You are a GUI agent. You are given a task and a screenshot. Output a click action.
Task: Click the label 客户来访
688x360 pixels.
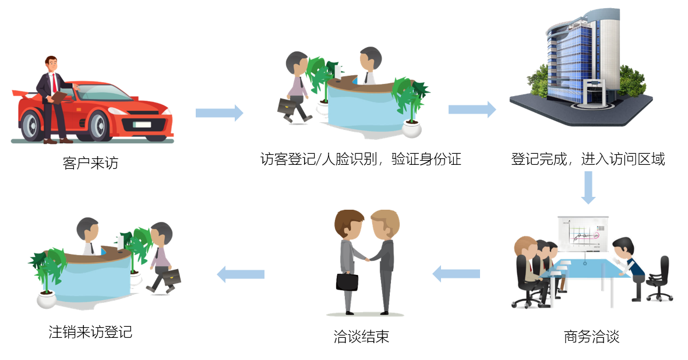point(90,163)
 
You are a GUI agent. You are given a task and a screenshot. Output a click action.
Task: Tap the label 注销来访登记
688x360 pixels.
point(90,333)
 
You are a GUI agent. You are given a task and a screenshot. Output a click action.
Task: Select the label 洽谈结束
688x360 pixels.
point(361,337)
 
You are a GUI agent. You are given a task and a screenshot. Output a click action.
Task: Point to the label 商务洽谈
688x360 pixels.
point(591,337)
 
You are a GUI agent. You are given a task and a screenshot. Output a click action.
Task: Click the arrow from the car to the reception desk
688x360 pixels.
point(219,112)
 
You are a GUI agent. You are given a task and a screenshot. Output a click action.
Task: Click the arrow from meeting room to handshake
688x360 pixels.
point(456,273)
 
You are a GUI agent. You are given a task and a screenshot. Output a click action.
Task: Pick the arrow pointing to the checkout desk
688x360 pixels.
point(241,273)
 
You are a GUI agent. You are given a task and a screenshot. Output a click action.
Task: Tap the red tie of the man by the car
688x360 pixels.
point(54,81)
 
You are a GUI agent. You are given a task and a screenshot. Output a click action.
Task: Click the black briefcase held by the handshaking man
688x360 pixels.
point(347,281)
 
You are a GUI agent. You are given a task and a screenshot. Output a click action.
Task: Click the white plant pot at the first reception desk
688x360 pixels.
point(412,129)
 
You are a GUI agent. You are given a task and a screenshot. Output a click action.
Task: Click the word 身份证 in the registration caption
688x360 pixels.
point(440,159)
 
